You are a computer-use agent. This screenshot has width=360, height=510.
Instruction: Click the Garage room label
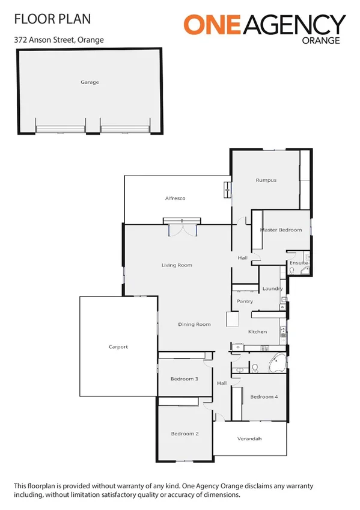pyautogui.click(x=90, y=82)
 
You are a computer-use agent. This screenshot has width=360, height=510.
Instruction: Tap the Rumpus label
pyautogui.click(x=265, y=180)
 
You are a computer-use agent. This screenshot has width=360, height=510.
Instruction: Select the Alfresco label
pyautogui.click(x=175, y=198)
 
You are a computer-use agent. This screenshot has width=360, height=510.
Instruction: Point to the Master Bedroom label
pyautogui.click(x=280, y=230)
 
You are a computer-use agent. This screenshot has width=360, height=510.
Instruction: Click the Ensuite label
pyautogui.click(x=299, y=263)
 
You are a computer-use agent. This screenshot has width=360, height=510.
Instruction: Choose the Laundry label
pyautogui.click(x=272, y=289)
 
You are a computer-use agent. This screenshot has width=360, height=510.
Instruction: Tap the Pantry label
pyautogui.click(x=245, y=301)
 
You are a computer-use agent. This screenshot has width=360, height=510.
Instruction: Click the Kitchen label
pyautogui.click(x=257, y=332)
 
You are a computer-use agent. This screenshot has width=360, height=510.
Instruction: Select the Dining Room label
pyautogui.click(x=194, y=325)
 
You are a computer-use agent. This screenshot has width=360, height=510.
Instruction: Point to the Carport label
pyautogui.click(x=118, y=347)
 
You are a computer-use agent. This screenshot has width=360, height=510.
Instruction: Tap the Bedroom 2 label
pyautogui.click(x=184, y=434)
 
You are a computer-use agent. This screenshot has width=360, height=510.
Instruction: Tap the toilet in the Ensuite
pyautogui.click(x=291, y=272)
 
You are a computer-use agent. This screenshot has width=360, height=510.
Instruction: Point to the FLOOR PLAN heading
pyautogui.click(x=52, y=19)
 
